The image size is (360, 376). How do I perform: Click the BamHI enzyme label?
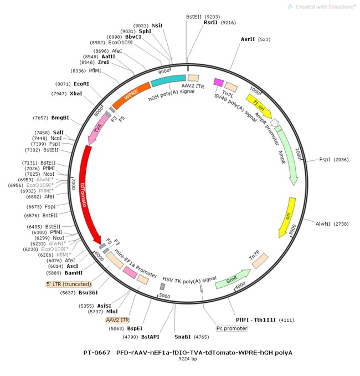(x=74, y=273)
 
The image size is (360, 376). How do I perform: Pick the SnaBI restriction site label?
(x=183, y=336)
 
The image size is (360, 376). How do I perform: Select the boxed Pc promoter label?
(x=232, y=328)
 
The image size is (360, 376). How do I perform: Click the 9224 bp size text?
(x=188, y=359)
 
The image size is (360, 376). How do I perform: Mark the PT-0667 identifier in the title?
(x=97, y=352)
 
